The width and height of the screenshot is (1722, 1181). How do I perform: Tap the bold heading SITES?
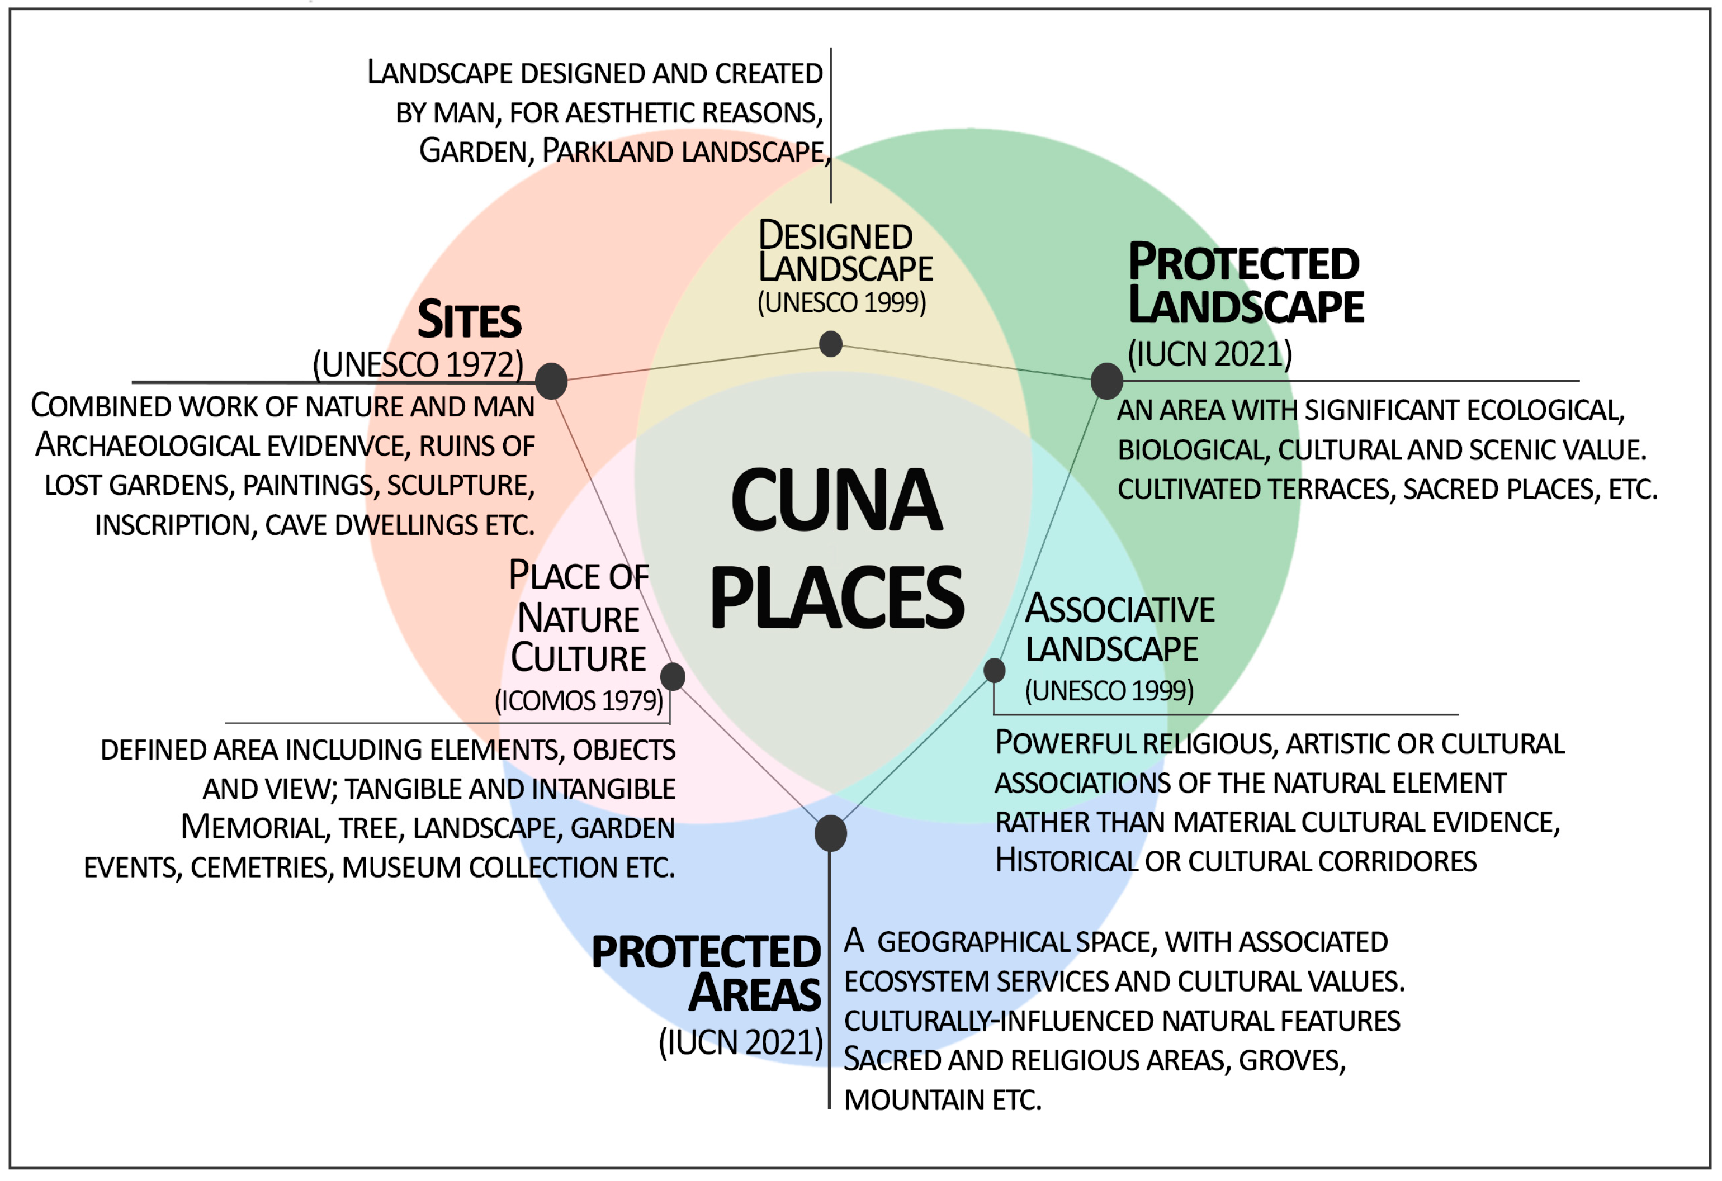click(x=469, y=321)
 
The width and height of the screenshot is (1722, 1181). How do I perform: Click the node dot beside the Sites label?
click(x=551, y=382)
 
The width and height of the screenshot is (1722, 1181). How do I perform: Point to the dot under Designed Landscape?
click(x=831, y=344)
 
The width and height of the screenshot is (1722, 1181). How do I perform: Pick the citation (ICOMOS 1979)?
click(x=579, y=701)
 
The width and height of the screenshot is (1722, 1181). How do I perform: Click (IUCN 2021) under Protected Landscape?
click(x=1209, y=355)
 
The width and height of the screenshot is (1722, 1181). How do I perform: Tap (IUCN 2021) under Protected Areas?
click(x=740, y=1043)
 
